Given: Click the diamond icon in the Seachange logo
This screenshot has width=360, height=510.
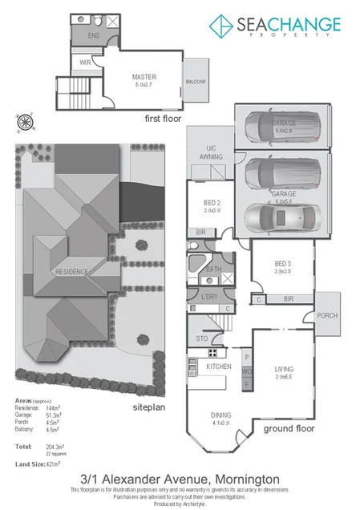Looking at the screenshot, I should click(x=221, y=26).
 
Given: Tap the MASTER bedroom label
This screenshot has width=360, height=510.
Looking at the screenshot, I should click(x=144, y=78).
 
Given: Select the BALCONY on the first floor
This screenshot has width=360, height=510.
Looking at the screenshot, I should click(x=197, y=82).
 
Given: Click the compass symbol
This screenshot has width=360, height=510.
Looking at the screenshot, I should click(x=25, y=123).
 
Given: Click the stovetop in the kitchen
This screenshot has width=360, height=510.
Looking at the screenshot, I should click(x=214, y=352).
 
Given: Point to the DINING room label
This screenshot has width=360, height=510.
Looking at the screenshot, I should click(x=220, y=415).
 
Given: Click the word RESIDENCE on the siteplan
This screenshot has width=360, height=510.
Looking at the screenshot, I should click(x=71, y=273).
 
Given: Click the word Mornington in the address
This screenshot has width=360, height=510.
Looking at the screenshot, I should click(x=232, y=477).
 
